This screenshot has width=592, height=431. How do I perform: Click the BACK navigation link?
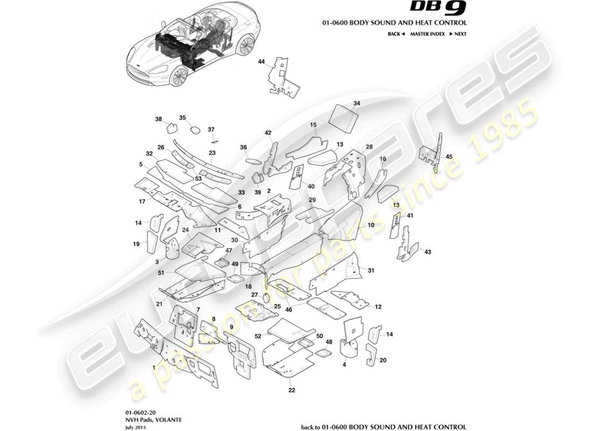click(x=396, y=34)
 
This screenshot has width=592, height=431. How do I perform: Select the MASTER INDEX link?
click(x=427, y=34)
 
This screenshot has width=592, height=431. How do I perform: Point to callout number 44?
click(x=262, y=62)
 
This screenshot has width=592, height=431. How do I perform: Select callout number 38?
click(x=158, y=119)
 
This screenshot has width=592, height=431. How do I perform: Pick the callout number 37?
click(x=211, y=129)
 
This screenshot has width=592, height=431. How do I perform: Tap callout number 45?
click(x=449, y=157)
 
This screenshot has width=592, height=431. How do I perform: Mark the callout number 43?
click(x=428, y=252)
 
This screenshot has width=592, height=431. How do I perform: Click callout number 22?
click(x=291, y=390)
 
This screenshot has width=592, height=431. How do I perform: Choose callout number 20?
click(x=383, y=360)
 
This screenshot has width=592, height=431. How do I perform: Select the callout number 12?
click(x=378, y=307)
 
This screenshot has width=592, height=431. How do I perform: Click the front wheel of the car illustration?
click(x=178, y=77)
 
